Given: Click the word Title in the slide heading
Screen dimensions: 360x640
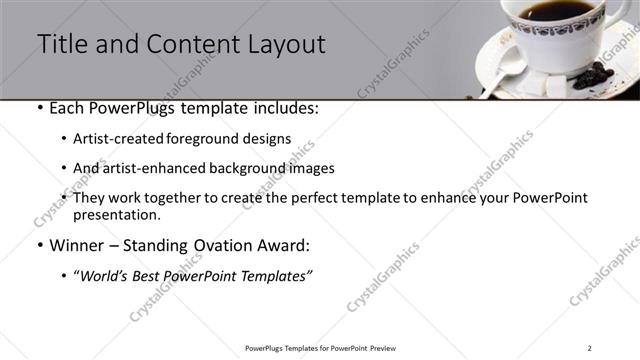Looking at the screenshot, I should pos(62,45).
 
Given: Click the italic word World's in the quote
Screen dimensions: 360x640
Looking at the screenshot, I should pos(105,276).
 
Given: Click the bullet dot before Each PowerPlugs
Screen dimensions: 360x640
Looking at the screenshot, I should pos(39,108).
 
